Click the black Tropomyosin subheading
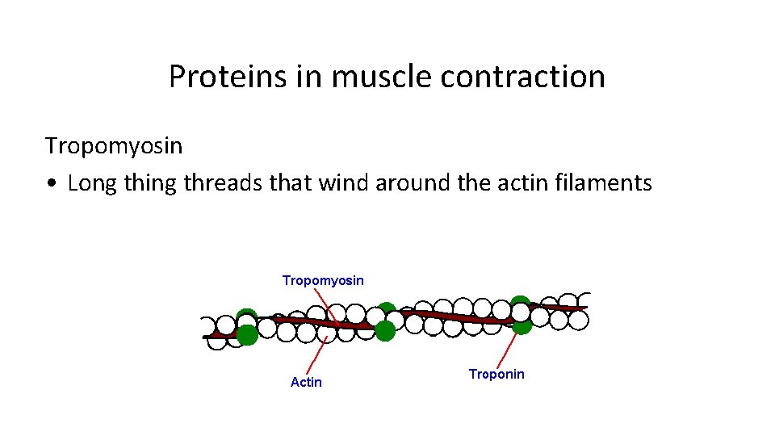pyautogui.click(x=114, y=146)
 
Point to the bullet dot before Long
pyautogui.click(x=51, y=184)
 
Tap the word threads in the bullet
pyautogui.click(x=223, y=183)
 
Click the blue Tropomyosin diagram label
pyautogui.click(x=323, y=280)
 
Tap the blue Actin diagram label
pyautogui.click(x=306, y=382)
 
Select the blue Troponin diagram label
pyautogui.click(x=496, y=374)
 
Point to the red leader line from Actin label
pyautogui.click(x=317, y=355)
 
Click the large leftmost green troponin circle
pyautogui.click(x=247, y=334)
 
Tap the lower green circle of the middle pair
pyautogui.click(x=385, y=330)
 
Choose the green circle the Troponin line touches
pyautogui.click(x=522, y=325)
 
